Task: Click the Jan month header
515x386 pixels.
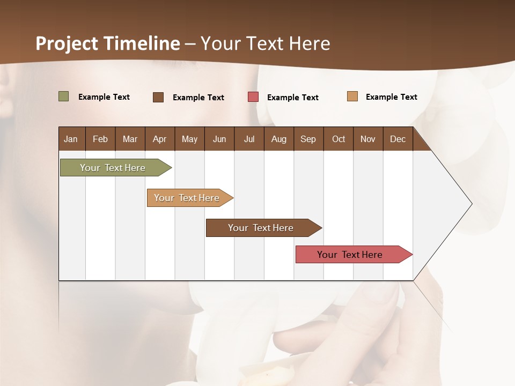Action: click(x=71, y=139)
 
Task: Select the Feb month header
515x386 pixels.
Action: click(x=100, y=139)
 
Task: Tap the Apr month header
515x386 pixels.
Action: click(x=159, y=139)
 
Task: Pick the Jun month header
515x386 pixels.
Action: click(x=219, y=139)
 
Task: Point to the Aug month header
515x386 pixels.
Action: click(x=278, y=139)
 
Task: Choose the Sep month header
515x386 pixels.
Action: click(x=308, y=139)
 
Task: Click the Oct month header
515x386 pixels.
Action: click(x=339, y=139)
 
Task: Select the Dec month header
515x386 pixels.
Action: click(x=398, y=139)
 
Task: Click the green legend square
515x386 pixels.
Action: click(x=64, y=96)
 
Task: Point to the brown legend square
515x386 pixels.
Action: click(x=158, y=97)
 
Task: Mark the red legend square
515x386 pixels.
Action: click(x=253, y=97)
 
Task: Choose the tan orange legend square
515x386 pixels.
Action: click(x=352, y=96)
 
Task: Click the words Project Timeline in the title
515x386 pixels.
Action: click(x=108, y=43)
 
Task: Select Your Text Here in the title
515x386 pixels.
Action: click(x=265, y=43)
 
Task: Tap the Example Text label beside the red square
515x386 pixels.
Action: click(x=292, y=98)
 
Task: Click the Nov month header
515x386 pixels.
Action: click(x=368, y=139)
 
